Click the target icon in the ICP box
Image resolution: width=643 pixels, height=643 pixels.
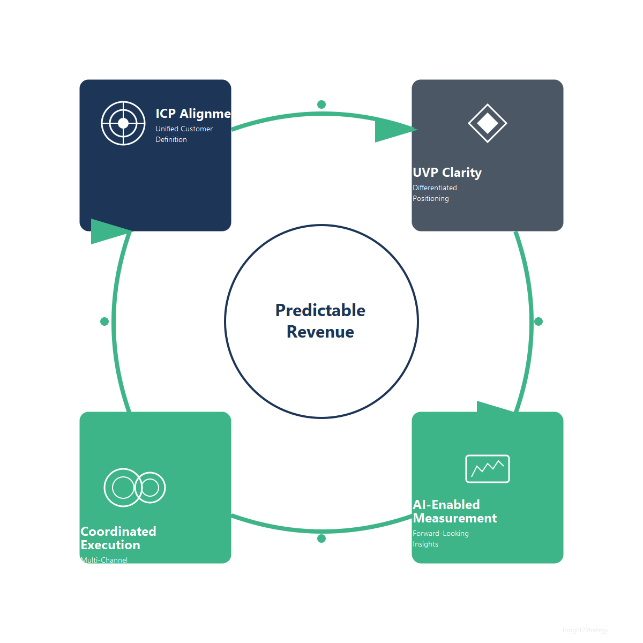123,123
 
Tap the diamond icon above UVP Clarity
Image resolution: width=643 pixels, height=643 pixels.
488,123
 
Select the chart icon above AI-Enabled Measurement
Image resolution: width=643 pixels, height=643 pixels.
488,469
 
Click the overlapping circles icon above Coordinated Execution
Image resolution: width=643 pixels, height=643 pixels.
134,488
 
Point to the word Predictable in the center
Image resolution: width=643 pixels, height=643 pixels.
320,310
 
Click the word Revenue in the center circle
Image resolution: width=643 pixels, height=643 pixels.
320,332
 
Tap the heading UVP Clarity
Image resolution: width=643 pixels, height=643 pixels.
447,173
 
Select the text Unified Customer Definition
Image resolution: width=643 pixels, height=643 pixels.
184,134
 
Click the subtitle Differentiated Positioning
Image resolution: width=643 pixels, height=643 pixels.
435,193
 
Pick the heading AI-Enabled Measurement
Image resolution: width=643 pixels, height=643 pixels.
454,512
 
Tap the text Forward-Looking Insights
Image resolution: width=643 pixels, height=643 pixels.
440,539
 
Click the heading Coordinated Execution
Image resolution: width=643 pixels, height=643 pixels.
118,538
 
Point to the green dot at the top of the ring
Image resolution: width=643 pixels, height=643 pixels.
322,104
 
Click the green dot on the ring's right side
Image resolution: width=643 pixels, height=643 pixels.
539,322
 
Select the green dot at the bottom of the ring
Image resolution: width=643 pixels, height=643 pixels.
322,539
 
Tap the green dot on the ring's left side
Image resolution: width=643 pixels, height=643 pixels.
104,322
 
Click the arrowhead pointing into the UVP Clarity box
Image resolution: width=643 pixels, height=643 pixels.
394,130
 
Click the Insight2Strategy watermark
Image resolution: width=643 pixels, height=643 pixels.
585,630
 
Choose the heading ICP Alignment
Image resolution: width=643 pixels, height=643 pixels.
193,114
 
